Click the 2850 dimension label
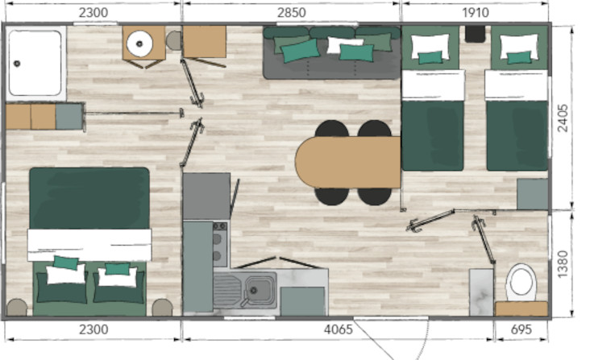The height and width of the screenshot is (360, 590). coord(291,13)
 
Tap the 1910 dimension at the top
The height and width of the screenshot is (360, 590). coord(476,13)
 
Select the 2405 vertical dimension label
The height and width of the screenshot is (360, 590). coord(563,118)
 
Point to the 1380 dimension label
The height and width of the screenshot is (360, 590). coord(563,264)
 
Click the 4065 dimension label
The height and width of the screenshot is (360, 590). coord(339,329)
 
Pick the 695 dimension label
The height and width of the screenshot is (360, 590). coord(521,329)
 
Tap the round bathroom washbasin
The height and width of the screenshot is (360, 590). coord(139,44)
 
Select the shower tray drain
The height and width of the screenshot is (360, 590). coord(17,64)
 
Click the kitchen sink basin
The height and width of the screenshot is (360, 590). coord(260,290)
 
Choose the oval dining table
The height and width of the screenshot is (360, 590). coord(347,162)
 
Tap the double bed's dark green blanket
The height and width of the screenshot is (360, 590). coord(89,198)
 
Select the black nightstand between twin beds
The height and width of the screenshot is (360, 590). coord(475,34)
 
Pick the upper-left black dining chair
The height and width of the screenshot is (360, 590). coord(331,129)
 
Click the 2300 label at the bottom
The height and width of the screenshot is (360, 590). coord(93,329)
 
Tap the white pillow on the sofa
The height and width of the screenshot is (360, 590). coord(344,44)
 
